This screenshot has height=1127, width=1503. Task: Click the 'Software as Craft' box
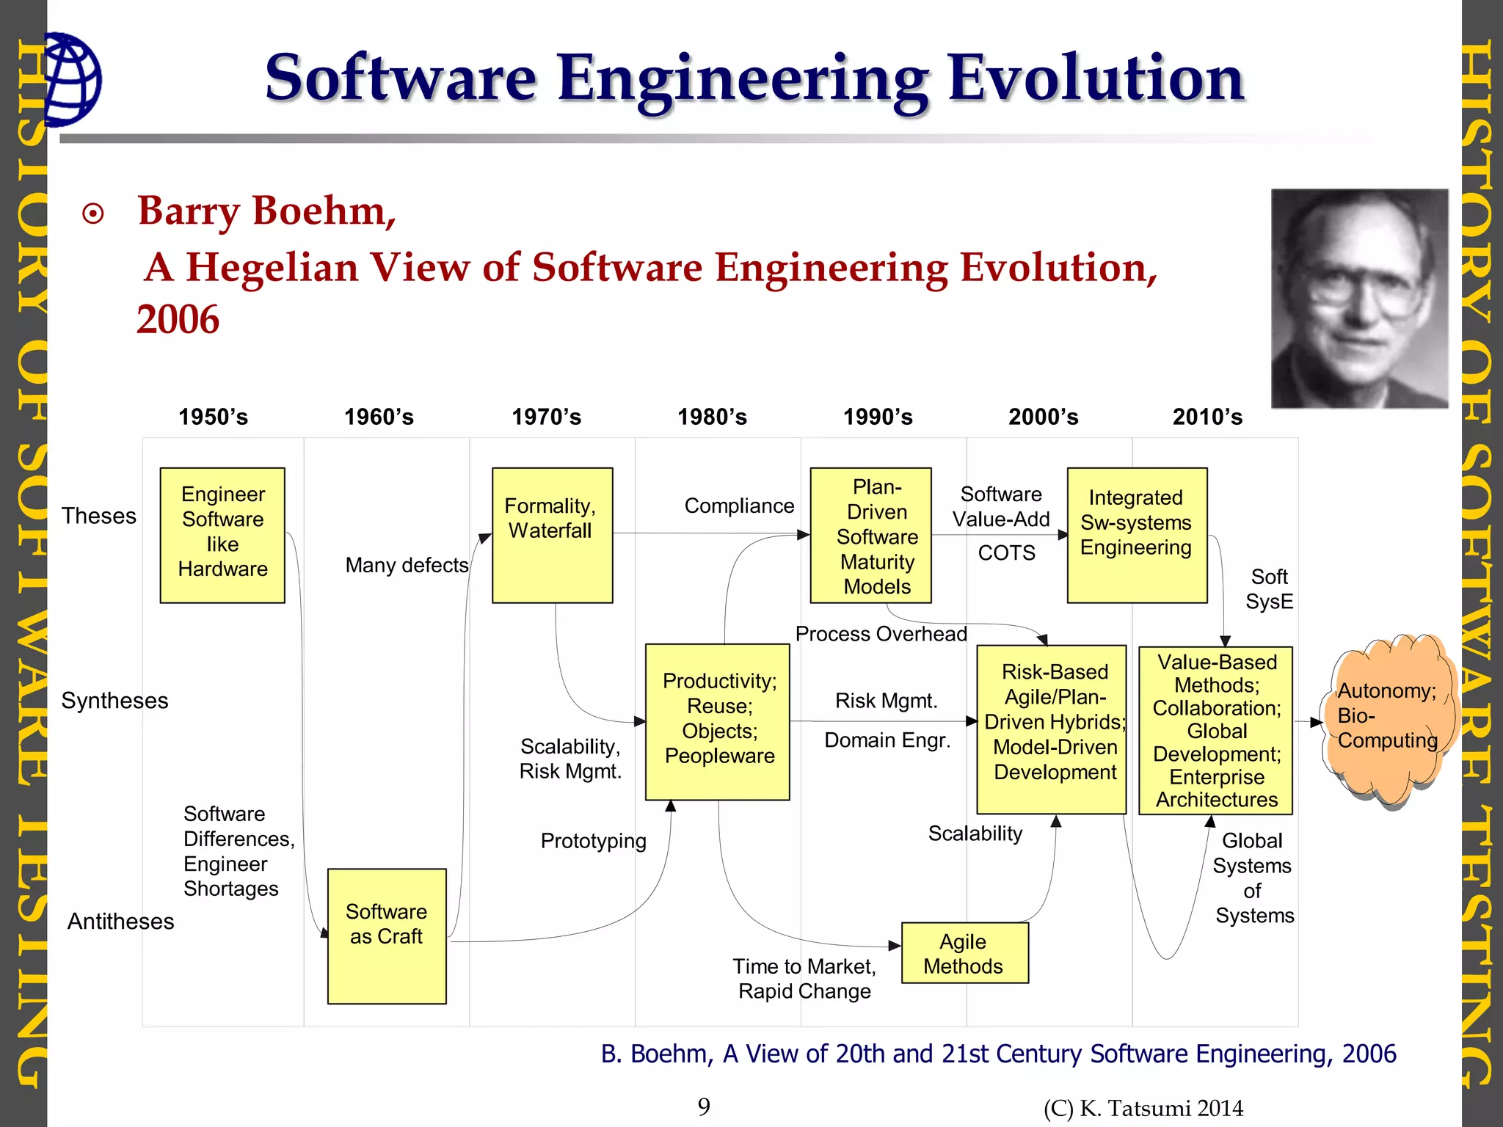click(x=387, y=935)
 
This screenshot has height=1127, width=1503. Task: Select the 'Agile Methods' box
click(x=964, y=953)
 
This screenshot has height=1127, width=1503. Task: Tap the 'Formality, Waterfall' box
click(x=552, y=535)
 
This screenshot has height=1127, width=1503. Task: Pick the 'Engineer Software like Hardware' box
click(x=222, y=535)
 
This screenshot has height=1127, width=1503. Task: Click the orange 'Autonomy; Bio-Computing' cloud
click(x=1386, y=719)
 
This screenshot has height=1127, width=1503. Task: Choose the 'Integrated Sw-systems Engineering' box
click(x=1136, y=535)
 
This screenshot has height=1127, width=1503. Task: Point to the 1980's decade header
click(x=712, y=417)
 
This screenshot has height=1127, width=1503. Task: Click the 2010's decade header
click(x=1207, y=417)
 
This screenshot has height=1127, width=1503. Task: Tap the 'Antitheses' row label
click(x=121, y=921)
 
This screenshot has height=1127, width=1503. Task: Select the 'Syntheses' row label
click(x=114, y=701)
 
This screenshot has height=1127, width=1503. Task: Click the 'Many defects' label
click(x=407, y=565)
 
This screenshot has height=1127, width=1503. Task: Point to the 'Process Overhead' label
click(x=881, y=634)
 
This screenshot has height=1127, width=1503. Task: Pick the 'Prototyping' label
click(x=593, y=841)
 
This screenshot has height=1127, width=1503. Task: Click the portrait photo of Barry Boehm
click(x=1359, y=298)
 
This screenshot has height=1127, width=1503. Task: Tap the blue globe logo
click(x=72, y=79)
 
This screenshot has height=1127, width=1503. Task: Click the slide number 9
click(x=704, y=1106)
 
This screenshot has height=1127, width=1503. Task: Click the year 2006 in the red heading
click(x=178, y=320)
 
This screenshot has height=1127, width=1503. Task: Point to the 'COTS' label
click(x=1006, y=552)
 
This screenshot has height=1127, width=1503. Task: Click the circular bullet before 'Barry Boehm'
click(x=93, y=214)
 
